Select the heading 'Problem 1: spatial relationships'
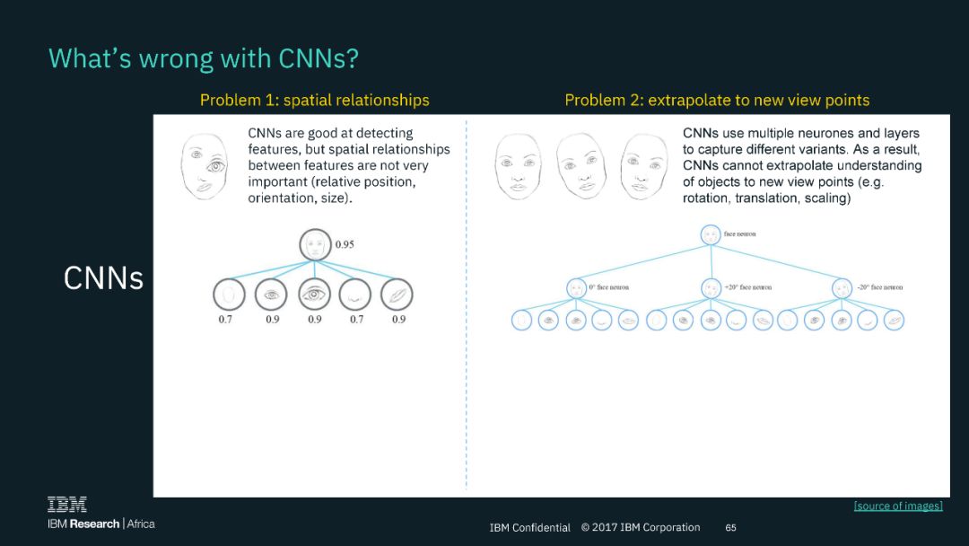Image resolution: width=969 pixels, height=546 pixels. pos(314,100)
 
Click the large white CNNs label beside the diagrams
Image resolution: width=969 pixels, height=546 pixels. pos(103,278)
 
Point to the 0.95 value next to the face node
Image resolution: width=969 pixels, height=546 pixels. pos(344,244)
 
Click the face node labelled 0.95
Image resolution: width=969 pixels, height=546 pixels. pos(314,245)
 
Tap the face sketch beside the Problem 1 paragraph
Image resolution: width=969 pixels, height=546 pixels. pos(209,166)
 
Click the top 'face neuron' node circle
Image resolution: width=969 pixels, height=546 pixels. pos(711,233)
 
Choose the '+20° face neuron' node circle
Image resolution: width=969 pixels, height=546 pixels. pos(711,288)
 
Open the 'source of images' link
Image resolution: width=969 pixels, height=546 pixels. pos(897,506)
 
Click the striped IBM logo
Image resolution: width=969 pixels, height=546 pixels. pos(67,505)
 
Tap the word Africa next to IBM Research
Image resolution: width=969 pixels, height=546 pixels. pos(141,524)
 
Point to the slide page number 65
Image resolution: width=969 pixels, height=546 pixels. pos(730,527)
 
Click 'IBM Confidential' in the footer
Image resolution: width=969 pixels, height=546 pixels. pos(529,527)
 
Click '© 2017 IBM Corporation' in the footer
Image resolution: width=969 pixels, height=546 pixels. pos(640,527)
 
